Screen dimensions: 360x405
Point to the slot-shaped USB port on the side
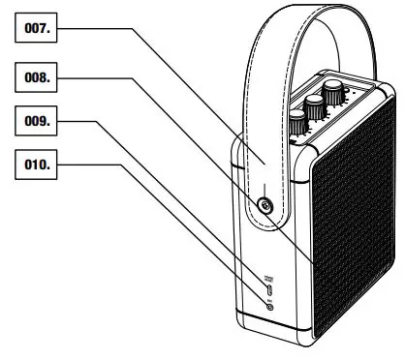[268, 289]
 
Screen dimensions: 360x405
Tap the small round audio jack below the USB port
[268, 307]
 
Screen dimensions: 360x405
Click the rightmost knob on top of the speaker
[335, 94]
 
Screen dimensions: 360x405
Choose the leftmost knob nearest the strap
[297, 122]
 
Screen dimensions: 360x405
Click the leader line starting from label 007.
[165, 87]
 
